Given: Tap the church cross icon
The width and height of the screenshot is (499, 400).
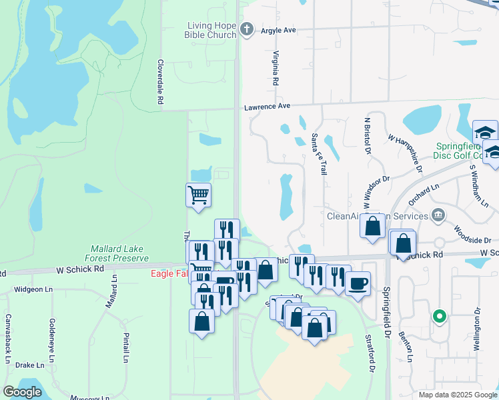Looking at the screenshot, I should click(x=247, y=29).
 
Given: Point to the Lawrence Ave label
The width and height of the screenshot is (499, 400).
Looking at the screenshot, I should click(x=267, y=106).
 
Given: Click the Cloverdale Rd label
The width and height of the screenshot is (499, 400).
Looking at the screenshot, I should click(x=160, y=81).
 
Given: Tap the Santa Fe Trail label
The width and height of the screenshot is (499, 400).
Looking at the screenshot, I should click(x=319, y=154).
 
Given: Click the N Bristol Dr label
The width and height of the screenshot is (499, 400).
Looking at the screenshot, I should click(x=367, y=135).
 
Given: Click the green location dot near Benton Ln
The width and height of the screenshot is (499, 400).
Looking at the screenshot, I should click(x=439, y=316).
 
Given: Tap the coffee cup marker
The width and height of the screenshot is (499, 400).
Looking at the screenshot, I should click(x=358, y=283).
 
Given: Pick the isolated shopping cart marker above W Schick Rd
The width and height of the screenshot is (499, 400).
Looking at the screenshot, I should click(x=198, y=195).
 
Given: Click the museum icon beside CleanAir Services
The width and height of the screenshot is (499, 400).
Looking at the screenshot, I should click(x=438, y=215).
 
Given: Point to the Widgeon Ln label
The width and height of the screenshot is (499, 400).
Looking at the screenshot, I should click(x=33, y=289).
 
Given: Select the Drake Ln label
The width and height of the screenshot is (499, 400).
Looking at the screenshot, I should click(x=30, y=365).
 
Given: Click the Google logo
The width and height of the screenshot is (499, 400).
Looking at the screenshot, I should click(x=23, y=392).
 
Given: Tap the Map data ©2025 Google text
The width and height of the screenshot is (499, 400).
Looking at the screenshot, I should click(x=457, y=395).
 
